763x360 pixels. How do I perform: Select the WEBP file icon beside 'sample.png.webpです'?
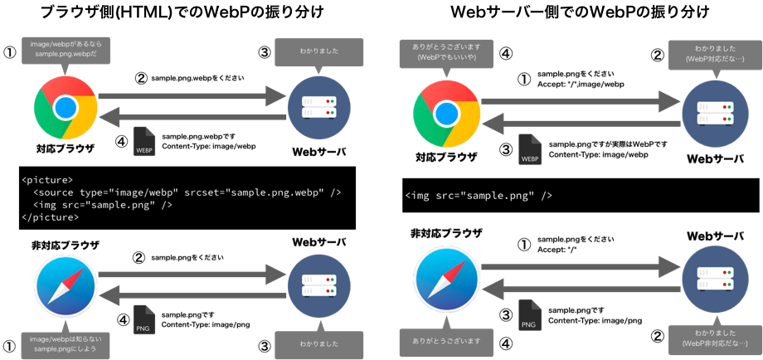pyautogui.click(x=144, y=142)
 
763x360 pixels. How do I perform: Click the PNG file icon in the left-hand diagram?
pyautogui.click(x=144, y=320)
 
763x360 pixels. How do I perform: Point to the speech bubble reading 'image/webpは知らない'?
pyautogui.click(x=66, y=343)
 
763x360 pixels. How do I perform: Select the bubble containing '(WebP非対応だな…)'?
pyautogui.click(x=715, y=338)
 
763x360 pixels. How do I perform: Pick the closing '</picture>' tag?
pyautogui.click(x=50, y=217)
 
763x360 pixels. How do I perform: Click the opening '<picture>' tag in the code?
pyautogui.click(x=46, y=179)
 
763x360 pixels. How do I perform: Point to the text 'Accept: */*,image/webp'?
pyautogui.click(x=580, y=84)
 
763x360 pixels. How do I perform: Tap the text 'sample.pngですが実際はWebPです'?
pyautogui.click(x=608, y=144)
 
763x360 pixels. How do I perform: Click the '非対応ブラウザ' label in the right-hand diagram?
pyautogui.click(x=446, y=233)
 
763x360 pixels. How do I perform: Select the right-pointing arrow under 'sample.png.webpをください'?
pyautogui.click(x=192, y=96)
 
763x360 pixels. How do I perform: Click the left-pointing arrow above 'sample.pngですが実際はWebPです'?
pyautogui.click(x=580, y=124)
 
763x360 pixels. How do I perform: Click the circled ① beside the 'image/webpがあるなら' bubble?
pyautogui.click(x=9, y=52)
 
